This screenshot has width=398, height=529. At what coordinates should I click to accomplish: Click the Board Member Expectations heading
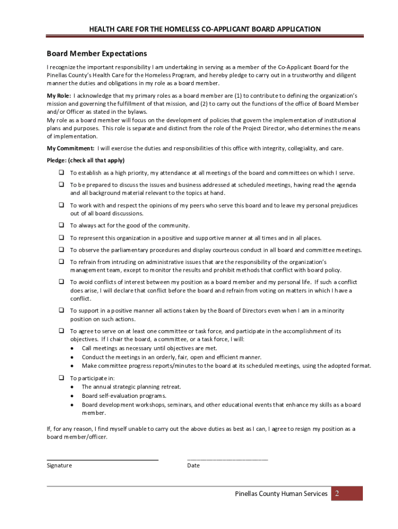pos(97,54)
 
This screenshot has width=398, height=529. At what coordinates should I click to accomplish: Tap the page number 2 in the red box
pos(336,494)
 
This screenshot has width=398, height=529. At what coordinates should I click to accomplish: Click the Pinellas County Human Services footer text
pos(281,494)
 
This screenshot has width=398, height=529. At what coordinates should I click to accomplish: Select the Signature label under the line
pos(59,465)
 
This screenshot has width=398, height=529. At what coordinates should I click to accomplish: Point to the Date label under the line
pos(193,465)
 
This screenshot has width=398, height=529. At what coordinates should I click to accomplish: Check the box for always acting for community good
pos(60,225)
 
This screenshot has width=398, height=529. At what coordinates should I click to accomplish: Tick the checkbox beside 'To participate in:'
pos(60,378)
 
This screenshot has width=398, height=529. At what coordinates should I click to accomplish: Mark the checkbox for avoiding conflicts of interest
pos(60,282)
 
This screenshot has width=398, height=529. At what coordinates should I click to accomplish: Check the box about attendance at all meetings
pos(60,173)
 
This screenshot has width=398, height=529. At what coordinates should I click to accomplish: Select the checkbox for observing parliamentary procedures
pos(60,250)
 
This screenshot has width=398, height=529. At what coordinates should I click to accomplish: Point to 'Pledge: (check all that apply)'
pos(86,160)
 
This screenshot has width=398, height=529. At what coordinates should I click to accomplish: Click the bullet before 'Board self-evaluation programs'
pos(71,396)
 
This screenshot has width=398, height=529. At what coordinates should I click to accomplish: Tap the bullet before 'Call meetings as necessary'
pos(71,348)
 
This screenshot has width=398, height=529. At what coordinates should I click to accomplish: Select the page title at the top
pos(198,29)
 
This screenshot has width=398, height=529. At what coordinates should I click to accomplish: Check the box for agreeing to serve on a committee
pos(60,331)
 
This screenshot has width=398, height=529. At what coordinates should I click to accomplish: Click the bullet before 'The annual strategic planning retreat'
pos(71,386)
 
